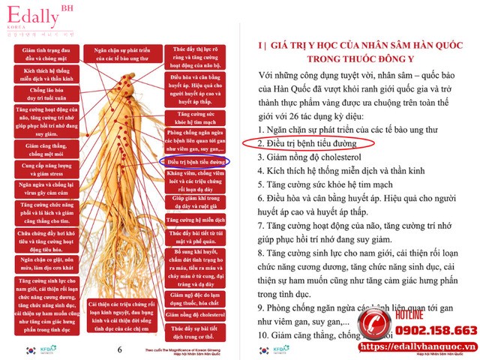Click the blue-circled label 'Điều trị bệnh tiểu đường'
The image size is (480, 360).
(195, 161)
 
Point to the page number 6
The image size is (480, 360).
(120, 349)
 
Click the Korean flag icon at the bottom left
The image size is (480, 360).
(29, 350)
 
